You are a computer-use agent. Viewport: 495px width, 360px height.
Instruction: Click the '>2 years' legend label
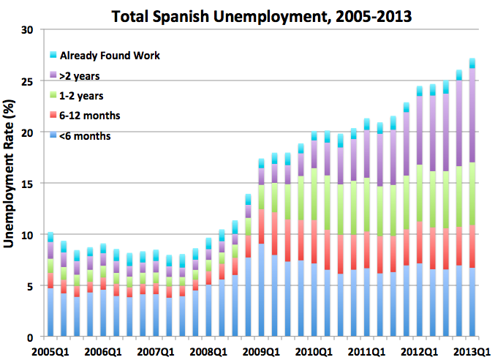click(80, 75)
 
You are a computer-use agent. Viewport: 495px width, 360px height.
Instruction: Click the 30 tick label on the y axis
click(29, 30)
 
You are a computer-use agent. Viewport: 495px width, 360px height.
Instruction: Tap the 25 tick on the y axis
click(29, 81)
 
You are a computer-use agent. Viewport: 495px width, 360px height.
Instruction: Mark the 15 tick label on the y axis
click(29, 184)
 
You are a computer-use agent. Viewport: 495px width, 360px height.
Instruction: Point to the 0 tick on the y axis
click(31, 337)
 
